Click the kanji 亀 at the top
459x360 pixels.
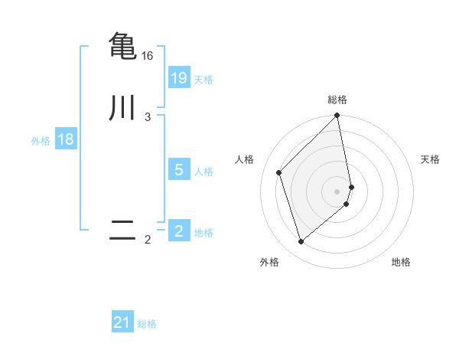click(122, 45)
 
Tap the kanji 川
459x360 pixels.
click(122, 107)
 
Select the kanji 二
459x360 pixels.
click(122, 231)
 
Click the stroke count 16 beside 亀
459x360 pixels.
click(148, 56)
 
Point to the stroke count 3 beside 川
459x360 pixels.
click(148, 117)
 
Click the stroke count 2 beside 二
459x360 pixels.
click(148, 241)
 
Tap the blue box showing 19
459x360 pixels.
click(179, 78)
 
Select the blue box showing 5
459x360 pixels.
click(179, 170)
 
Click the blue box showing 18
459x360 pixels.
click(65, 139)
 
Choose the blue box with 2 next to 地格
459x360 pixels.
click(179, 231)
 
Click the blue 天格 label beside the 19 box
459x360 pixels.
click(203, 80)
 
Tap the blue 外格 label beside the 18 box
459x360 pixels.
click(41, 141)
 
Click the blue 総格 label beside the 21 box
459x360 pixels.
click(147, 324)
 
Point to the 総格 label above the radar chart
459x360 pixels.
click(337, 100)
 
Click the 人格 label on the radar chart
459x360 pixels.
click(245, 159)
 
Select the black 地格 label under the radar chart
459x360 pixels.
click(401, 262)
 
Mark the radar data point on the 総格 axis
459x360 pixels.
click(337, 116)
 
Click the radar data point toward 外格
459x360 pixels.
click(301, 242)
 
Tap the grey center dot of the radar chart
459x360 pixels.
click(337, 191)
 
